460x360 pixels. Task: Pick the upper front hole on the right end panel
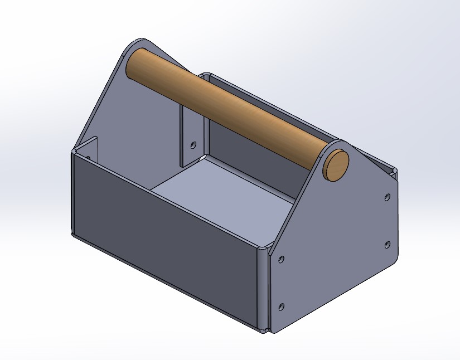click(x=281, y=260)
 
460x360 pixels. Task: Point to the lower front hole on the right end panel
click(x=281, y=306)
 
